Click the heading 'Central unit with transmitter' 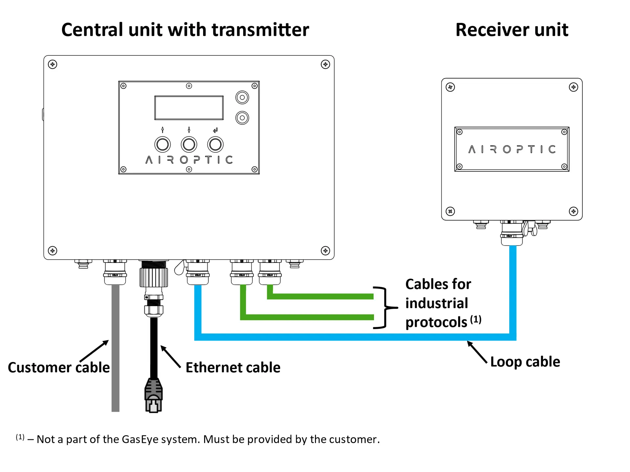185,30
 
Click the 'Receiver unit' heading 512,30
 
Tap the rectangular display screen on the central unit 189,108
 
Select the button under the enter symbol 215,145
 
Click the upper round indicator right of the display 242,97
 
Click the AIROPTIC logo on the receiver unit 512,149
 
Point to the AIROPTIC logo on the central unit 189,160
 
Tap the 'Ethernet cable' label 233,367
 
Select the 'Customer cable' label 59,367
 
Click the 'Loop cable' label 525,362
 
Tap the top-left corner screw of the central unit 52,64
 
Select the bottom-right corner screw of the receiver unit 573,211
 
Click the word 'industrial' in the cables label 436,303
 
